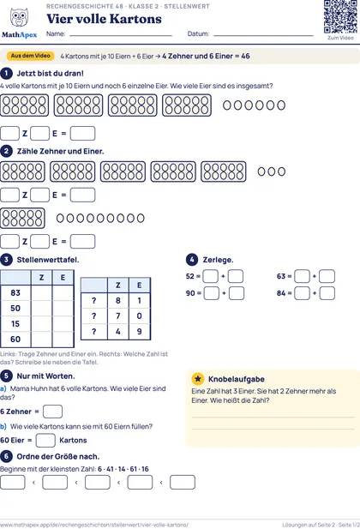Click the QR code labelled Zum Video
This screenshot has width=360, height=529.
(x=340, y=16)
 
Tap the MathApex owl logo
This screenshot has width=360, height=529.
(x=19, y=17)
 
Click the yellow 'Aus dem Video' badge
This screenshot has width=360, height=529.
(x=30, y=56)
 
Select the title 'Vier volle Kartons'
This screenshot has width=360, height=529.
(x=104, y=19)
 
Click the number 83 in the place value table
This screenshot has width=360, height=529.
(x=15, y=293)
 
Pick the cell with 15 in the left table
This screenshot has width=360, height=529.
(x=15, y=324)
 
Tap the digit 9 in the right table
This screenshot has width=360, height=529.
(x=140, y=332)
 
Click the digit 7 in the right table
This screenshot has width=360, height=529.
(x=118, y=316)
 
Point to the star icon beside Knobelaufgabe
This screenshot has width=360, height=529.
(x=198, y=379)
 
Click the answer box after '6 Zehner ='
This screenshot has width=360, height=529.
(x=52, y=412)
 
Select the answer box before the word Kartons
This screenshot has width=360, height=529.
(x=45, y=441)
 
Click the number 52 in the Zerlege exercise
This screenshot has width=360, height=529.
(x=190, y=276)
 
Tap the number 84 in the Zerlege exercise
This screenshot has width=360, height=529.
(x=281, y=293)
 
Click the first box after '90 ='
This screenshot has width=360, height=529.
(x=212, y=293)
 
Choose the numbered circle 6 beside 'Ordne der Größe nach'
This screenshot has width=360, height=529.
(x=6, y=456)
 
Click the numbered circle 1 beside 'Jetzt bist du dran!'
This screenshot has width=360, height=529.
(x=6, y=73)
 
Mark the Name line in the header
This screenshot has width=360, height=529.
(x=121, y=35)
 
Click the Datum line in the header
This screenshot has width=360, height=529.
(x=263, y=35)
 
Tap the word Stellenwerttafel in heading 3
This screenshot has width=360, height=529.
(x=48, y=260)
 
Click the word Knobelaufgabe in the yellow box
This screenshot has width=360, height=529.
(x=237, y=379)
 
